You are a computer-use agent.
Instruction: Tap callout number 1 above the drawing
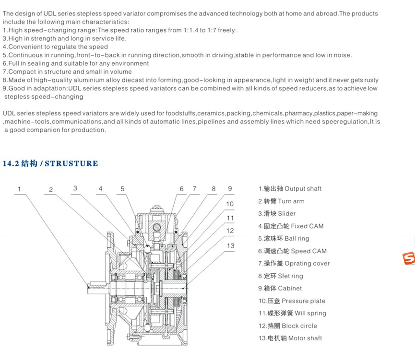point(20,189)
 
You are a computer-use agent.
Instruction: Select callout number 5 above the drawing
point(122,189)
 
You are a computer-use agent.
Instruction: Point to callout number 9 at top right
point(230,188)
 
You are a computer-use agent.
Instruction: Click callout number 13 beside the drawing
point(230,246)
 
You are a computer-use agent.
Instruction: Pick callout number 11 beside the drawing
point(230,218)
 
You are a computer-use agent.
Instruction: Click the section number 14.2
point(10,164)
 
